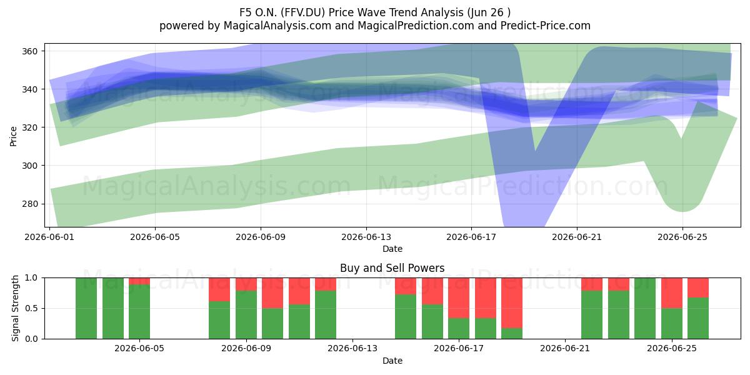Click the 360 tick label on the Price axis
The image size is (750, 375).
pyautogui.click(x=29, y=51)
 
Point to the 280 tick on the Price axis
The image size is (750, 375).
pyautogui.click(x=29, y=204)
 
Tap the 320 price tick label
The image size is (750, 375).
pyautogui.click(x=29, y=127)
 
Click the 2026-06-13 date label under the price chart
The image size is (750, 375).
pyautogui.click(x=366, y=237)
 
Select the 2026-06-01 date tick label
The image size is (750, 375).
pyautogui.click(x=49, y=237)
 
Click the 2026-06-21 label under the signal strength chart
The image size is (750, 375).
pyautogui.click(x=565, y=349)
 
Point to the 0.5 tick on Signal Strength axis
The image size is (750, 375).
pyautogui.click(x=31, y=308)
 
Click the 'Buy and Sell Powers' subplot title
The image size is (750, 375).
pyautogui.click(x=392, y=268)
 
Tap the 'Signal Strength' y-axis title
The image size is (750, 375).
pyautogui.click(x=15, y=308)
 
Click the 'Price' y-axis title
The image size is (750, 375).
pyautogui.click(x=13, y=136)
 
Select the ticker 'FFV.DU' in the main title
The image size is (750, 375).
pyautogui.click(x=302, y=12)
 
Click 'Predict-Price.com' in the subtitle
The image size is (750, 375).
pyautogui.click(x=546, y=26)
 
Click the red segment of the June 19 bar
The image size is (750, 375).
pyautogui.click(x=512, y=303)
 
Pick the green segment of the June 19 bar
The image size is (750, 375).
pyautogui.click(x=512, y=334)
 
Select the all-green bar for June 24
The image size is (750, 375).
pyautogui.click(x=645, y=308)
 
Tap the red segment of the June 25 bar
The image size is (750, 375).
pyautogui.click(x=672, y=293)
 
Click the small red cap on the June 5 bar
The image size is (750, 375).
pyautogui.click(x=139, y=281)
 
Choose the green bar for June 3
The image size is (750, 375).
pyautogui.click(x=86, y=308)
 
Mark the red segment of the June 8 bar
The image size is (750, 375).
pyautogui.click(x=219, y=289)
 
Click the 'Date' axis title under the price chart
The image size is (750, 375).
pyautogui.click(x=392, y=249)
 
